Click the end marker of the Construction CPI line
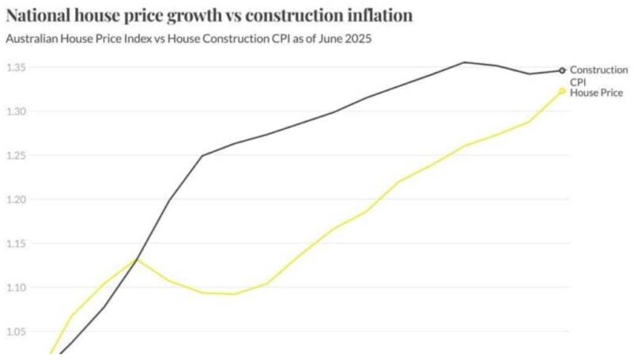click(x=562, y=71)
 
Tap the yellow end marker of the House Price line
click(x=562, y=91)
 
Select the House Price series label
click(x=596, y=93)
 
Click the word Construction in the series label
click(x=598, y=70)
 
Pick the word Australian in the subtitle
click(x=30, y=39)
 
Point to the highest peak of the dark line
click(x=464, y=62)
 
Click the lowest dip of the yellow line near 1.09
click(x=233, y=294)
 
